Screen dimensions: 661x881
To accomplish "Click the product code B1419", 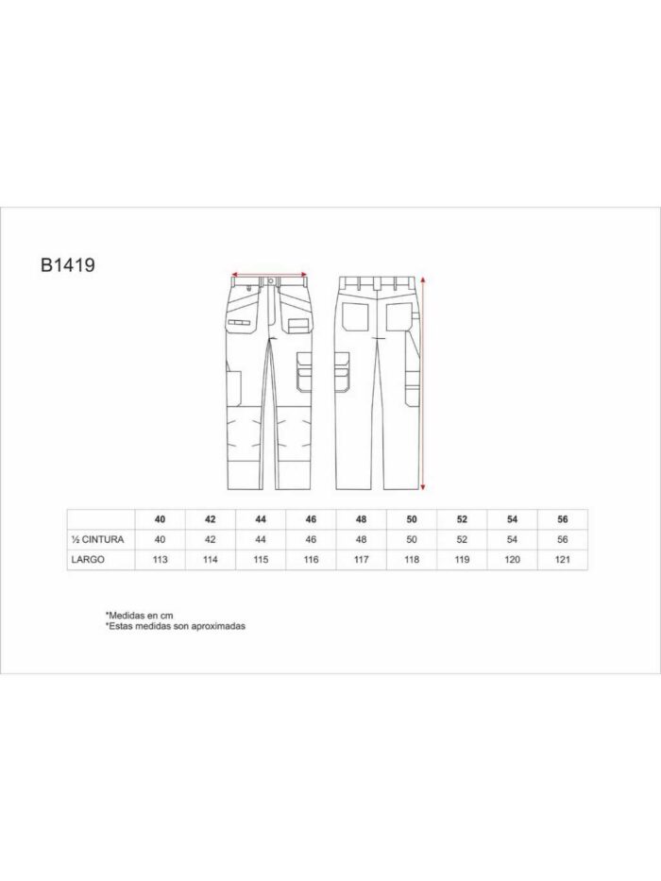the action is point(67,265).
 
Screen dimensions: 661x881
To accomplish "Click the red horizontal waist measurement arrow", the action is point(270,274).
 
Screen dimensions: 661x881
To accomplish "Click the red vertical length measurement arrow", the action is point(424,382).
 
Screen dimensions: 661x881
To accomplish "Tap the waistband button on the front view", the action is point(271,280).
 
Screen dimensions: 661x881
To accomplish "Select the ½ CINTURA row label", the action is point(97,539).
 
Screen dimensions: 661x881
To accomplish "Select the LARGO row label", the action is point(88,560).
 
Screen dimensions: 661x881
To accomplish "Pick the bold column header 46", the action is point(311,519).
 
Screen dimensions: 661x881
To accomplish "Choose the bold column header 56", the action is point(563,519).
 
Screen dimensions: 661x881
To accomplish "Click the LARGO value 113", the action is point(161,560).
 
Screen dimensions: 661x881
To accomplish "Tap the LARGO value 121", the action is point(563,560).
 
